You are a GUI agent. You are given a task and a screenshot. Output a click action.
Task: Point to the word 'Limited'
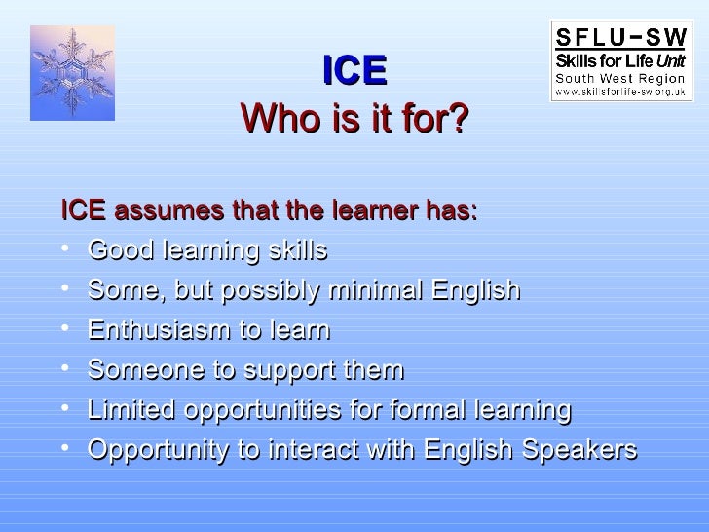coord(128,410)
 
